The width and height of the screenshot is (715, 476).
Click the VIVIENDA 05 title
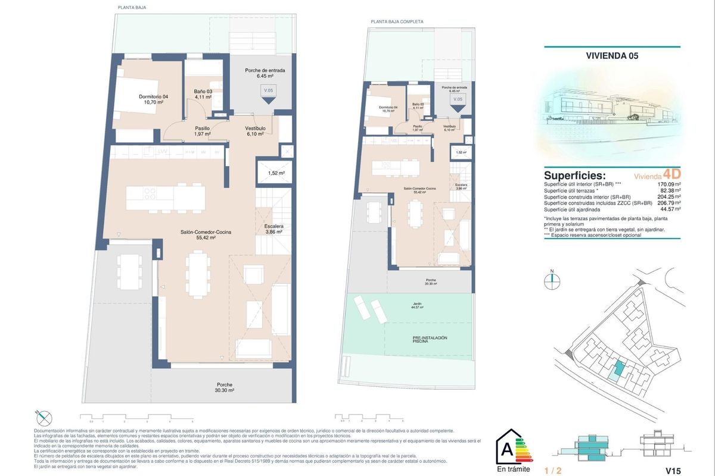tap(613, 57)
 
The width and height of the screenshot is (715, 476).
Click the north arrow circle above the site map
tap(552, 282)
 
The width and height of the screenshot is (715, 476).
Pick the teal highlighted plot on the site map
tap(620, 369)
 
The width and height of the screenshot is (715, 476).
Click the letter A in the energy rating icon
tap(506, 446)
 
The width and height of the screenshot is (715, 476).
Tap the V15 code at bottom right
tap(673, 471)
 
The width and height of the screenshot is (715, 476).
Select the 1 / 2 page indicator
tap(553, 471)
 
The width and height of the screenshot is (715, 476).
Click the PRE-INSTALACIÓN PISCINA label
tap(429, 340)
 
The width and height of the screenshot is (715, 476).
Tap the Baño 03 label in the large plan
tap(203, 94)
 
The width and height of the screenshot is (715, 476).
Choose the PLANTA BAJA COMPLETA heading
tap(397, 21)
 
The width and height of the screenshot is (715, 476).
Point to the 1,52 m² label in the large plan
tap(276, 173)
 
